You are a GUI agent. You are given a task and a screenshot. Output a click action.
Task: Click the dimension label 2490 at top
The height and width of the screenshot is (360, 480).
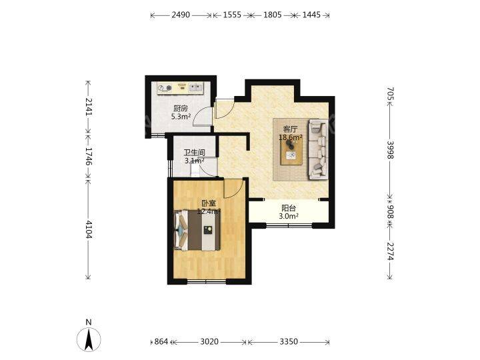click(181, 15)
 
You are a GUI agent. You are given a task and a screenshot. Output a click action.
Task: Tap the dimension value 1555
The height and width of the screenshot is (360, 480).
click(232, 15)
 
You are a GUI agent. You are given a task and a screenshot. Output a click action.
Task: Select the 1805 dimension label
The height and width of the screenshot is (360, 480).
click(273, 15)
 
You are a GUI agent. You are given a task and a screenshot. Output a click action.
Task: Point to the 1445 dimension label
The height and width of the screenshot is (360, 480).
click(311, 15)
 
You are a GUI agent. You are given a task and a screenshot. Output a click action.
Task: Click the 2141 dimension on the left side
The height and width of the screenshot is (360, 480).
click(88, 107)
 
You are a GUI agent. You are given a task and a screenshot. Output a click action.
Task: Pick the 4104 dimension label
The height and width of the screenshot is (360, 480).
click(88, 229)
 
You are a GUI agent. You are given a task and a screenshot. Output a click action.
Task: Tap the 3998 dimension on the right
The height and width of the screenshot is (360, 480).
click(390, 150)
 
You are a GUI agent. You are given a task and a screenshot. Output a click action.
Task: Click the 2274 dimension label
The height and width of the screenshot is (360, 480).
click(390, 251)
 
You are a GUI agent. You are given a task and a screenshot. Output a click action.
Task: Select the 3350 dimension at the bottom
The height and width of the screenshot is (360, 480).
click(289, 341)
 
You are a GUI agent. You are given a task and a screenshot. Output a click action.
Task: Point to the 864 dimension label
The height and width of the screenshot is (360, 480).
click(161, 341)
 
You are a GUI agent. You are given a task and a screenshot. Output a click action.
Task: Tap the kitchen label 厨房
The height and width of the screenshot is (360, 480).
click(181, 109)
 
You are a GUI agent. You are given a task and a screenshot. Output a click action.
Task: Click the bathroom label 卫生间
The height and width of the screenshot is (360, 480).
click(195, 153)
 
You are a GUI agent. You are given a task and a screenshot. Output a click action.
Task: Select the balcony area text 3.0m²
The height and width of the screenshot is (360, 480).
click(289, 217)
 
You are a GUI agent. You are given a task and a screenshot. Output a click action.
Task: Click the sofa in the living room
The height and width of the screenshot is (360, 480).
click(318, 149)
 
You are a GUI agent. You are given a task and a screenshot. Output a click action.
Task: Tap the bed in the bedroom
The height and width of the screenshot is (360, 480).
click(197, 230)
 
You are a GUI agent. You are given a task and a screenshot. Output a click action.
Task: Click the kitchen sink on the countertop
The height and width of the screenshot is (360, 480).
click(195, 88)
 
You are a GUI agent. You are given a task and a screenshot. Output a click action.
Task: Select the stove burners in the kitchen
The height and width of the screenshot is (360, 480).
click(165, 89)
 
